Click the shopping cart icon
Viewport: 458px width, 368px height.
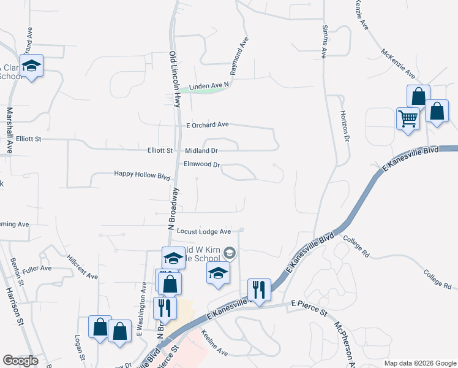tap(408, 119)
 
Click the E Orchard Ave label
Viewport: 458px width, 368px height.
tap(208, 125)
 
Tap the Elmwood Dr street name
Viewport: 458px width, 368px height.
tap(201, 164)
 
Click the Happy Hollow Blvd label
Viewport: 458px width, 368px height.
tap(142, 175)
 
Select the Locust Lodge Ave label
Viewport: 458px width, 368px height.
tap(204, 231)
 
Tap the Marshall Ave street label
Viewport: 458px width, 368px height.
tap(10, 130)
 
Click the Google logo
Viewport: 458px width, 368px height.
tap(20, 361)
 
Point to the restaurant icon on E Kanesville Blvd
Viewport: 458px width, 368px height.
tap(258, 290)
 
